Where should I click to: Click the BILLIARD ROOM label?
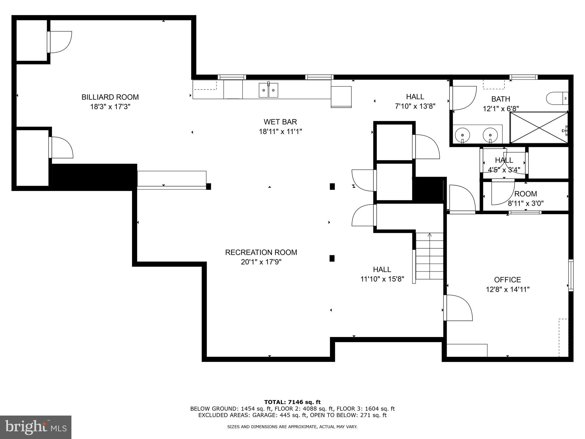point(110,97)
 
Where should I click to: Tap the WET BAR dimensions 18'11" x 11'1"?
point(280,132)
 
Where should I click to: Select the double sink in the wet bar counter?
point(269,90)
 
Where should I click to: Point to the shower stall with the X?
point(539,127)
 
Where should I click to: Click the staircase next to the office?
point(429,256)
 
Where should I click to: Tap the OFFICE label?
point(508,280)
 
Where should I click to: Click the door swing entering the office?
point(458,308)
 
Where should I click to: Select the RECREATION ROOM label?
point(261,252)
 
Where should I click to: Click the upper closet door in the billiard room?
point(60,42)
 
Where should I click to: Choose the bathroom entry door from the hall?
point(463,98)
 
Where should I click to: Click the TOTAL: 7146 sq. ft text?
point(292,402)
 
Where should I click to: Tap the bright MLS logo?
point(36,427)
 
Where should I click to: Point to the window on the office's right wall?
point(570,275)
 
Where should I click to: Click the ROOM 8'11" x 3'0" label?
point(525,198)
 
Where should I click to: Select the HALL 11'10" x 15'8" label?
point(382,274)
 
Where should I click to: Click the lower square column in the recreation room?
point(332,258)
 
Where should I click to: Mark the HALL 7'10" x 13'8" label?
point(415,101)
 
